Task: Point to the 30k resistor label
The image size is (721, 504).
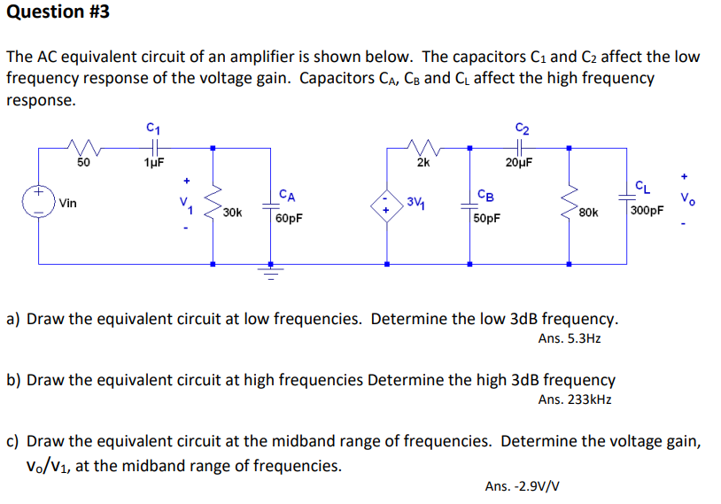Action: coord(234,213)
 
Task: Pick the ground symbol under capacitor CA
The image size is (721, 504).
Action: coord(272,271)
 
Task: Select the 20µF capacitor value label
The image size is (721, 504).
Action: coord(519,162)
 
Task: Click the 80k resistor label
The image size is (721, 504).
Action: coord(588,213)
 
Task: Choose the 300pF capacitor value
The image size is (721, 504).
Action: coord(646,211)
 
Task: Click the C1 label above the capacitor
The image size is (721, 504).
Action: coord(152,129)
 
